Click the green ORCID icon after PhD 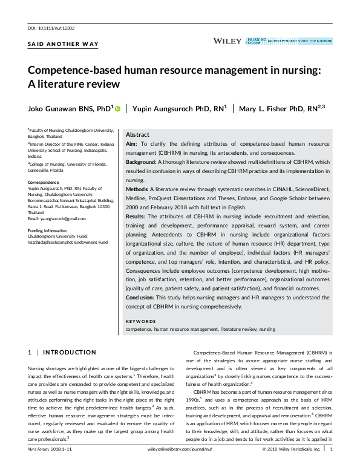point(117,108)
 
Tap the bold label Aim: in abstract point(131,145)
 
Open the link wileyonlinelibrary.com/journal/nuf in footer point(180,467)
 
